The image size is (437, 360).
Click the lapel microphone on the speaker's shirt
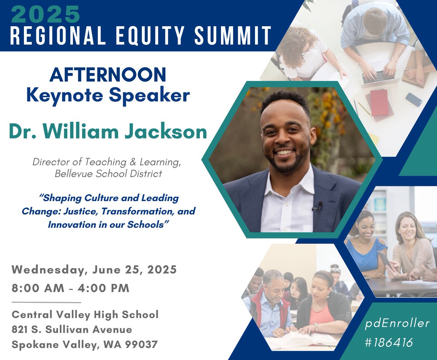(319, 207)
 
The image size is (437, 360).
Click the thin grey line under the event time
(46, 302)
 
